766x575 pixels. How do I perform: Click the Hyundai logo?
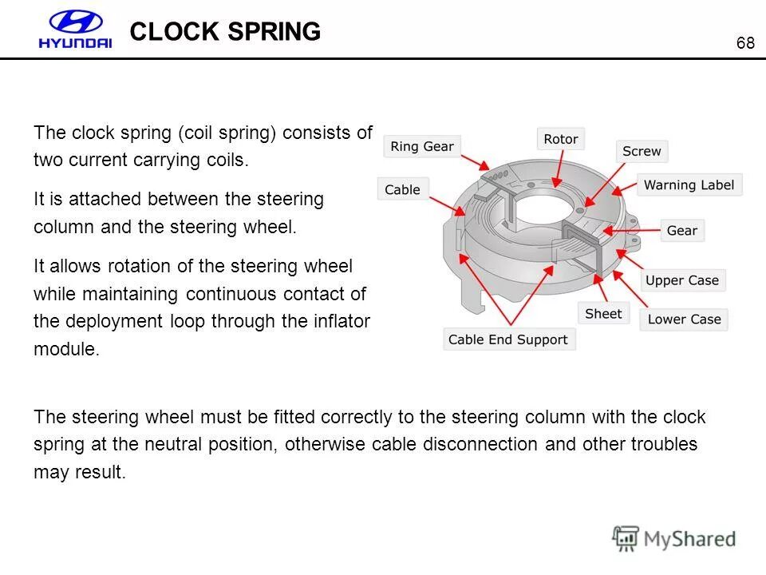[75, 31]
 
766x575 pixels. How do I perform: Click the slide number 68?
[745, 43]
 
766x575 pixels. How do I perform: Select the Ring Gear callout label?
[422, 146]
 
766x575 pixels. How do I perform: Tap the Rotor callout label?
[560, 139]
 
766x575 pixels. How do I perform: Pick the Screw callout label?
[642, 151]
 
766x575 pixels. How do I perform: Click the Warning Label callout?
[689, 184]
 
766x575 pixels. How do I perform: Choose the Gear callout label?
[681, 230]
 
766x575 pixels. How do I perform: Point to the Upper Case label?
[681, 280]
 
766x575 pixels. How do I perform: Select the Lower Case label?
[684, 319]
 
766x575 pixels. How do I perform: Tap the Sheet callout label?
[602, 314]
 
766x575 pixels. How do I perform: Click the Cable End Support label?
[508, 339]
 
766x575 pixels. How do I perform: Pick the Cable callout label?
[402, 189]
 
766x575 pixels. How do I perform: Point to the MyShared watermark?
[674, 539]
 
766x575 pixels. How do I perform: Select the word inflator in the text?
[343, 322]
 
